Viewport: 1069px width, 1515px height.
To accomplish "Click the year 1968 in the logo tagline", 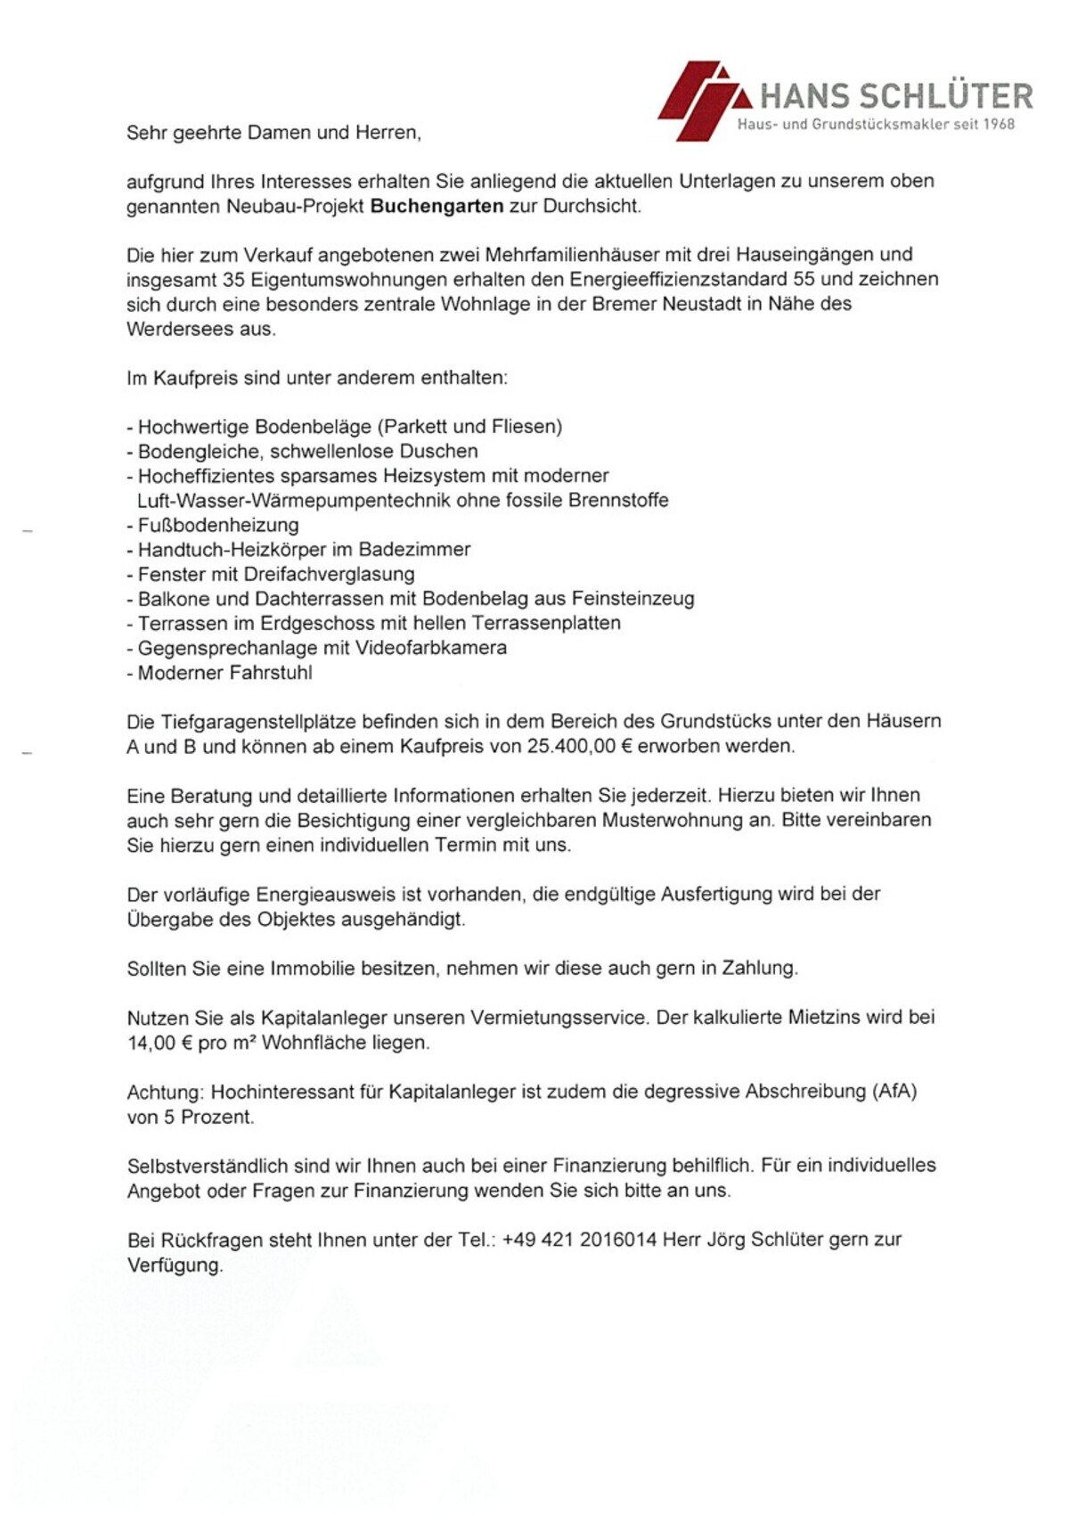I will [x=999, y=125].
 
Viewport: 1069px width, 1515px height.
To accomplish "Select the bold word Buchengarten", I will [x=437, y=207].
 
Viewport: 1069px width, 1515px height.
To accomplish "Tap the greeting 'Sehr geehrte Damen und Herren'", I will [x=273, y=133].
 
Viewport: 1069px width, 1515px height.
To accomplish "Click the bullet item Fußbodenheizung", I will [x=218, y=525].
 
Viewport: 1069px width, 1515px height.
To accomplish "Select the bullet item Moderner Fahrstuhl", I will [x=224, y=673].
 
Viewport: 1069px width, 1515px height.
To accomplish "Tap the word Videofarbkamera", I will [x=431, y=648].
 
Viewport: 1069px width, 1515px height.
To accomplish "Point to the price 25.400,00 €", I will [x=579, y=746].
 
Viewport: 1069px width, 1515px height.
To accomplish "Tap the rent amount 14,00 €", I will [x=160, y=1043].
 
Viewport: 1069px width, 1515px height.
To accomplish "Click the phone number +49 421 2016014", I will [x=579, y=1240].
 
